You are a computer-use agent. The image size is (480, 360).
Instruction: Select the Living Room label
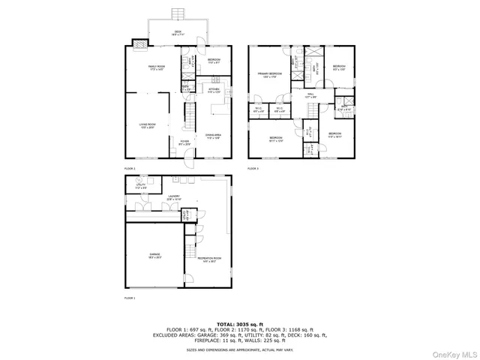point(147,126)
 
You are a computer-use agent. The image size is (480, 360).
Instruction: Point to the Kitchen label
point(213,90)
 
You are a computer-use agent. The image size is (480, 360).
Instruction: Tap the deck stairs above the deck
point(178,14)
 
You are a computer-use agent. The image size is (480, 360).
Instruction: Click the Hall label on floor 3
point(310,95)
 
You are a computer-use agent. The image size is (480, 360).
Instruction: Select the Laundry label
point(173,199)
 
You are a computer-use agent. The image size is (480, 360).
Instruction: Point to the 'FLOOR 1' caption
point(130,298)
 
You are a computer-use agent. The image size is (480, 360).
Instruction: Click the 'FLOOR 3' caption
point(253,169)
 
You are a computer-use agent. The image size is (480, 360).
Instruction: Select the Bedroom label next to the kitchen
point(213,61)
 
